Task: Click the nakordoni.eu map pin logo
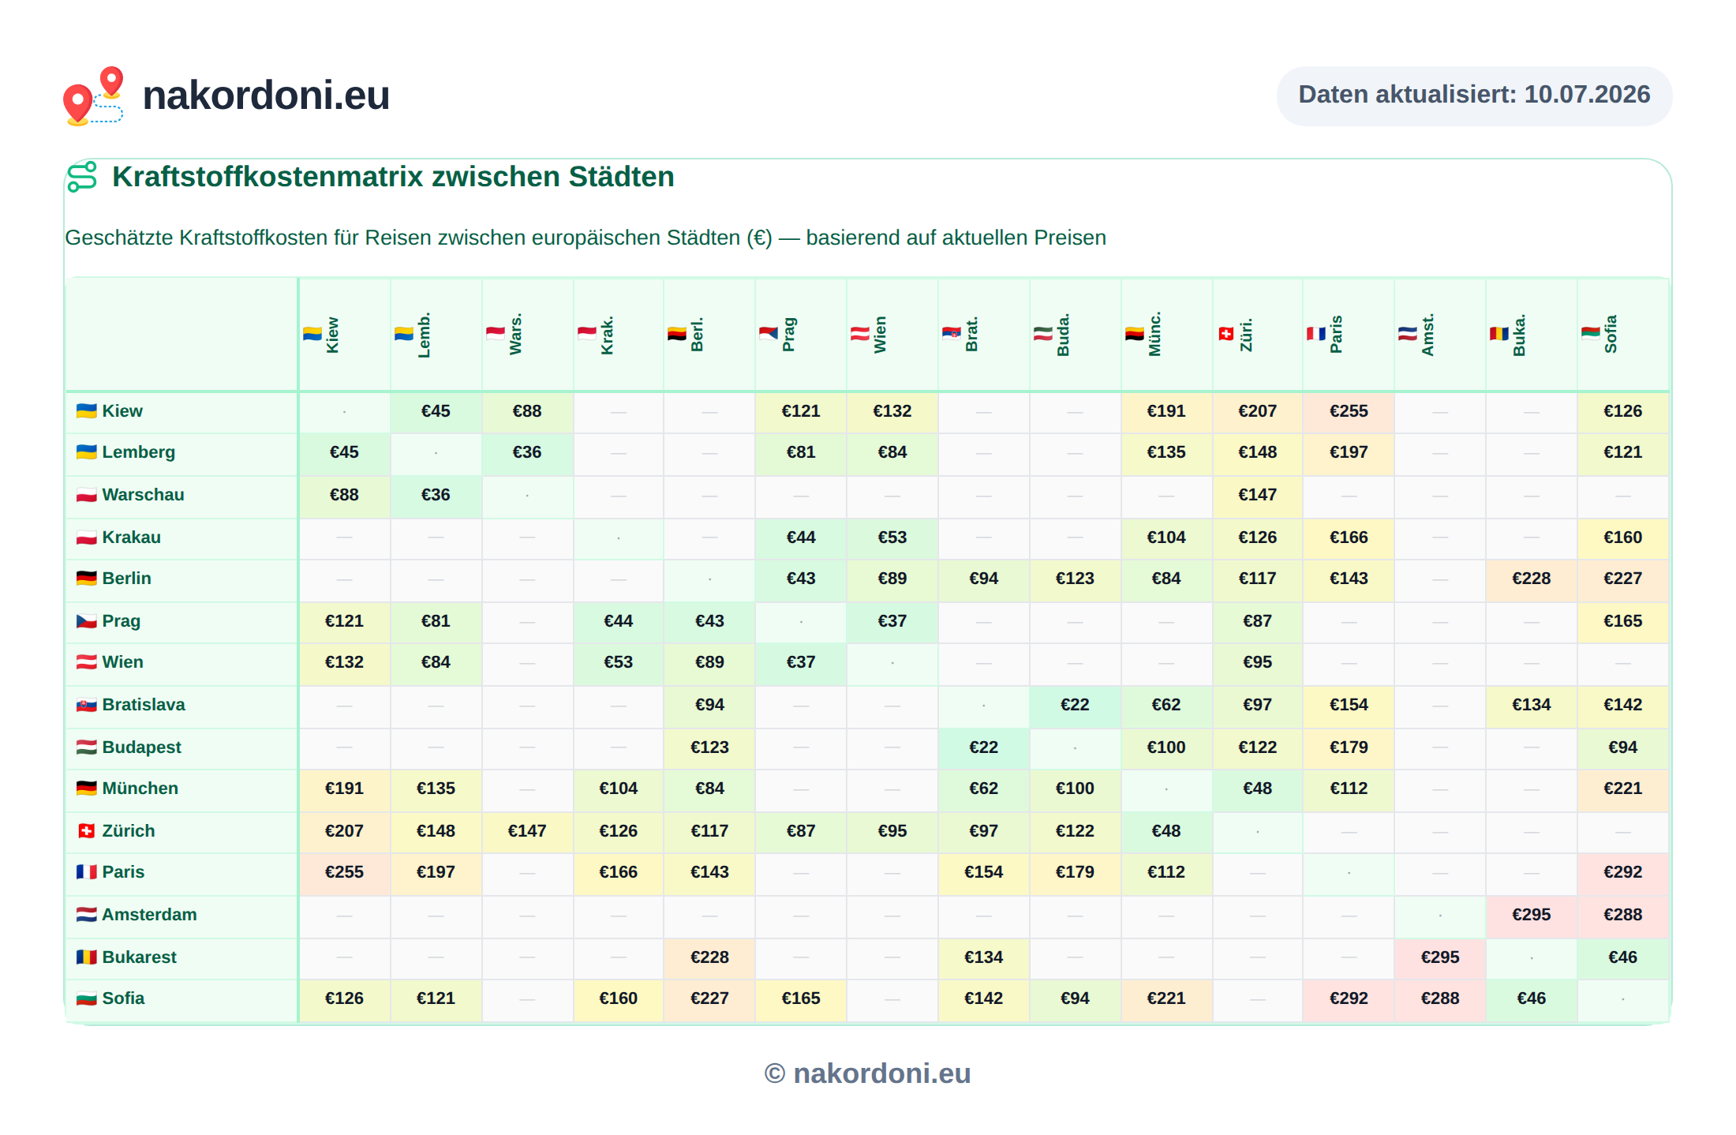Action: (x=93, y=96)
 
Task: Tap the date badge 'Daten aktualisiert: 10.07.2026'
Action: (x=1474, y=96)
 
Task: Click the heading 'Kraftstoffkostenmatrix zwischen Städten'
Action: (x=393, y=177)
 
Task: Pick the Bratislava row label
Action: (x=131, y=705)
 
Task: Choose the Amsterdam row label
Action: (x=137, y=915)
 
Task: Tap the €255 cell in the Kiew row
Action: (x=1349, y=411)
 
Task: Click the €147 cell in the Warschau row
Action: (x=1257, y=495)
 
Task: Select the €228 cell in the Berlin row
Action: (x=1532, y=579)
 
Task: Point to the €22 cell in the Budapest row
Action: (x=983, y=747)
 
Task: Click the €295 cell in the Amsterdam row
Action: (x=1532, y=915)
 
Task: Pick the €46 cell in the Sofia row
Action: (x=1532, y=998)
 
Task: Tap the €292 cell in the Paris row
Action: (x=1623, y=872)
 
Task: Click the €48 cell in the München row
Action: (x=1257, y=789)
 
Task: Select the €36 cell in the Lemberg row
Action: (x=527, y=452)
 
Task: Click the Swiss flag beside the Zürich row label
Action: (x=86, y=831)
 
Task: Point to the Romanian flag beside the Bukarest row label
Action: (x=86, y=957)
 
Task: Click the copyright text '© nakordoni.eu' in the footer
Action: (x=867, y=1073)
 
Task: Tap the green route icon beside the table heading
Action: (x=82, y=177)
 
